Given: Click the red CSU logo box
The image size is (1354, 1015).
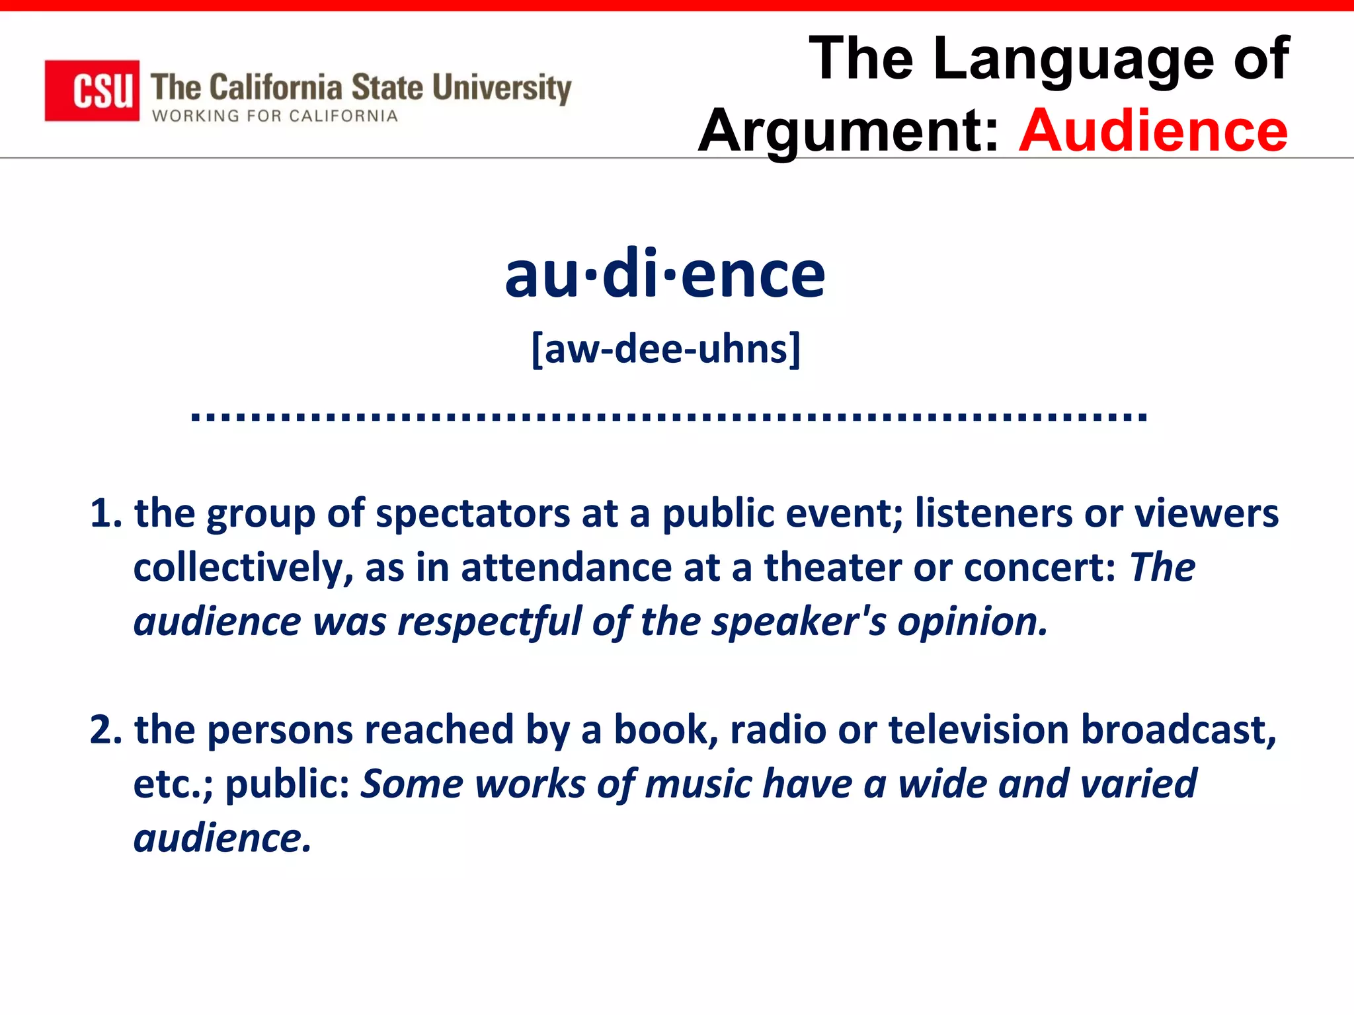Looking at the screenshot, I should (x=92, y=91).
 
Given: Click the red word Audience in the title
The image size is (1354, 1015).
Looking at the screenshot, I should (x=1153, y=130).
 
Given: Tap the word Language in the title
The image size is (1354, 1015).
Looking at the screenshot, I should (x=1074, y=59).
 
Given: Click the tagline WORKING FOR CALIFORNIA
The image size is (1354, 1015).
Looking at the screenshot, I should (x=275, y=116).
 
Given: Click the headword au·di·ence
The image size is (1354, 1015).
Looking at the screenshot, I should (x=665, y=274).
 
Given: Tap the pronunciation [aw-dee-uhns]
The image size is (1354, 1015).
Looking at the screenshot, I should (x=666, y=349).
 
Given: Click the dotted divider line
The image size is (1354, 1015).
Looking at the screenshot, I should (x=668, y=416).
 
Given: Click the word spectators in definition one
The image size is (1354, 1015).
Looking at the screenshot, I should (x=472, y=513).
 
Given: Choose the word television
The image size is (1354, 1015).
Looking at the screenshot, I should (x=978, y=730).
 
